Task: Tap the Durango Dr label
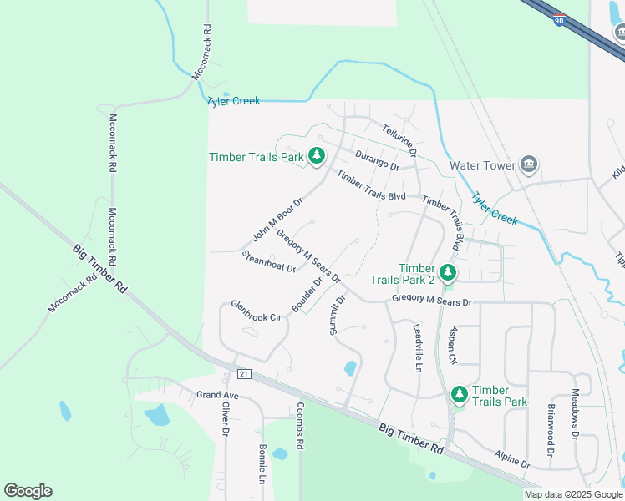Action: tap(377, 159)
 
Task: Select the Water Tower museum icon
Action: tap(528, 164)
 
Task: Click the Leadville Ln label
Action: tap(419, 348)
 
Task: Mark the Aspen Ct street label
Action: tap(453, 345)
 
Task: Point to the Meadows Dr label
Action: tap(575, 415)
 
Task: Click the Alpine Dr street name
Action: tap(511, 458)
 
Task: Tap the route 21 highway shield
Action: tap(243, 372)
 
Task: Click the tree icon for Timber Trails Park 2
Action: tap(448, 272)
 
